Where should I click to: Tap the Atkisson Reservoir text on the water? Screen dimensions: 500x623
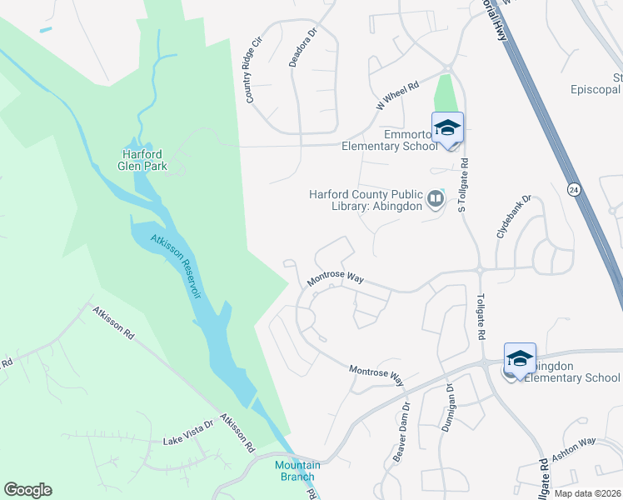point(177,267)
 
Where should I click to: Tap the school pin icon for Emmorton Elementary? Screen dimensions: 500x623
point(447,127)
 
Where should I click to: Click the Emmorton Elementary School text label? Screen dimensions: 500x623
point(390,140)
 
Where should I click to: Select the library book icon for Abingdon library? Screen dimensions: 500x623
point(435,200)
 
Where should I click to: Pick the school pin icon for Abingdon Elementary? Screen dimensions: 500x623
point(520,358)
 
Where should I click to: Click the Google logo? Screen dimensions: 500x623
point(27,490)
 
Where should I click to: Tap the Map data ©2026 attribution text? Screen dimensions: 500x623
point(588,493)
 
